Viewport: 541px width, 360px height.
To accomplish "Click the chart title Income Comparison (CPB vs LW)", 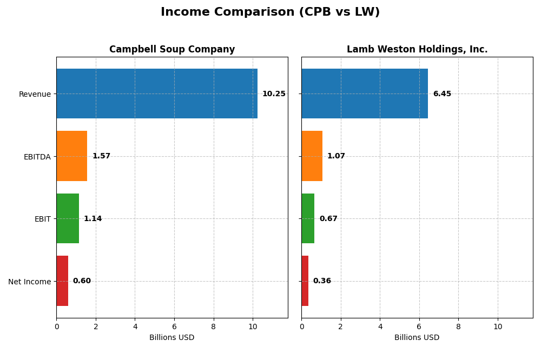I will [270, 12].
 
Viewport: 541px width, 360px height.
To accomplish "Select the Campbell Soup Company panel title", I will [172, 50].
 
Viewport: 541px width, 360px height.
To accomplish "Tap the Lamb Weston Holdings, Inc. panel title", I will [417, 50].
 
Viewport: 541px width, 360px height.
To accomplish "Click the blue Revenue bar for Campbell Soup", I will [157, 94].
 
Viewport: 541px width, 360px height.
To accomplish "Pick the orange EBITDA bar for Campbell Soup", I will [72, 156].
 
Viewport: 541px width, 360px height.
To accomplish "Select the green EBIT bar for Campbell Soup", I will [68, 218].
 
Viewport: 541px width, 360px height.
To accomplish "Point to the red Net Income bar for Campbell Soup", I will [62, 281].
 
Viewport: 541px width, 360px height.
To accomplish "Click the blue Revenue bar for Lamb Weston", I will [365, 94].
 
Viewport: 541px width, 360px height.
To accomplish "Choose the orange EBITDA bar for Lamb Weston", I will [312, 156].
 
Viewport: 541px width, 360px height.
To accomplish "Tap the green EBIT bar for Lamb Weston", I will [308, 218].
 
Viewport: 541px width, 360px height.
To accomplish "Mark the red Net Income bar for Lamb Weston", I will [305, 281].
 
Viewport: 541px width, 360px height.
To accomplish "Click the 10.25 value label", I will [274, 94].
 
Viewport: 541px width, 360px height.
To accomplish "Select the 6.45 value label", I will [442, 94].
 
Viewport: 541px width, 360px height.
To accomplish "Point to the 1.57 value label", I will [101, 156].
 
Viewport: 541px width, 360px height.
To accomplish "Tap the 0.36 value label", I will [322, 281].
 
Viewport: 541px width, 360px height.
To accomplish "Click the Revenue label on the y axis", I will [35, 95].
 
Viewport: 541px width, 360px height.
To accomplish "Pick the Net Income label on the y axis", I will [29, 282].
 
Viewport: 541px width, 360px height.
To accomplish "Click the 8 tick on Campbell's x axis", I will [214, 326].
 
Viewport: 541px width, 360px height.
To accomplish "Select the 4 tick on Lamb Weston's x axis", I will [380, 326].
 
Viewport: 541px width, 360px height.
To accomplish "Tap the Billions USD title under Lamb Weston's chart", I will [417, 338].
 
